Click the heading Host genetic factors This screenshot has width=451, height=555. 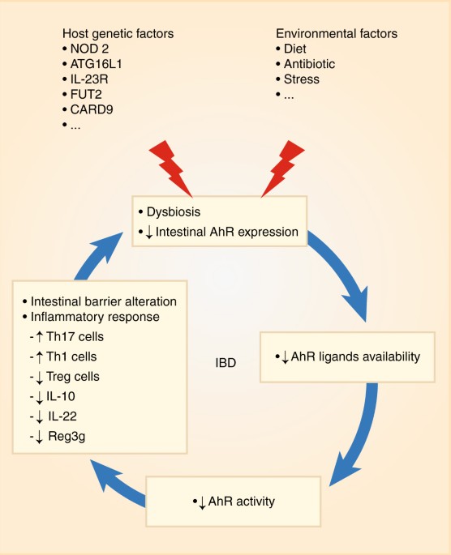tap(118, 33)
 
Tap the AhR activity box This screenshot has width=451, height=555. tap(234, 501)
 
